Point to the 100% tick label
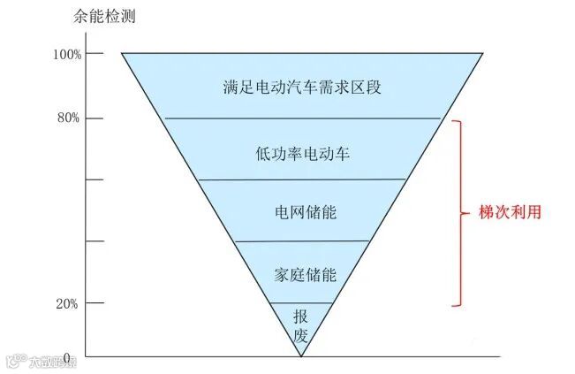(x=67, y=54)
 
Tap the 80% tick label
(x=70, y=118)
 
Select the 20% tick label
(x=70, y=303)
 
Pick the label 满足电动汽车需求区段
(x=302, y=87)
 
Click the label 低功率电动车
(x=302, y=152)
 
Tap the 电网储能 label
(x=302, y=213)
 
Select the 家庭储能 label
(x=302, y=274)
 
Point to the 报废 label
(x=301, y=327)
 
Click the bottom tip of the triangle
(x=301, y=355)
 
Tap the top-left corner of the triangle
(x=122, y=54)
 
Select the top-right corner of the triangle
(x=482, y=54)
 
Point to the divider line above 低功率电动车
(x=302, y=118)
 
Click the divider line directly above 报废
(x=301, y=303)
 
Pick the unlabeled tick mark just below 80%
(x=91, y=179)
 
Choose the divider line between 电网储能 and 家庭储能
(x=302, y=241)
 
